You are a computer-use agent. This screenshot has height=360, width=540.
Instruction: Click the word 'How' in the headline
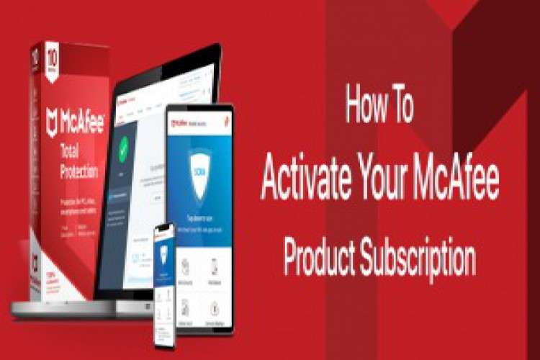click(365, 105)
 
